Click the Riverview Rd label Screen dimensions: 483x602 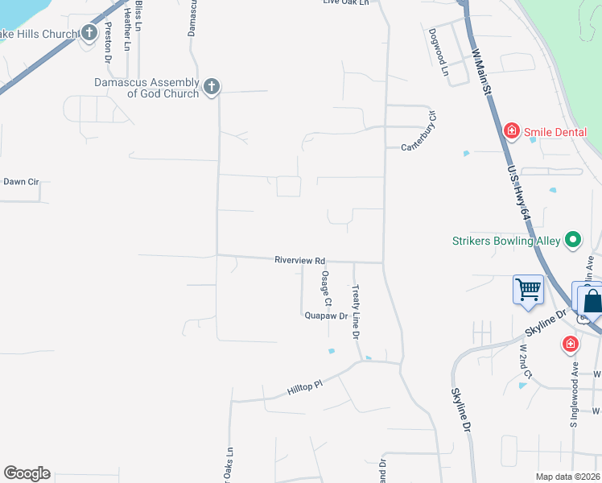coord(299,261)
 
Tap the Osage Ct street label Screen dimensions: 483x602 coord(326,288)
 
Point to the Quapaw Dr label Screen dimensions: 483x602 coord(326,316)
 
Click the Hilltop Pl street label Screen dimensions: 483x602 coord(304,387)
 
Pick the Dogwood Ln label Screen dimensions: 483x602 coord(438,52)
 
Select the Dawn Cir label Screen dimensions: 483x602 coord(21,182)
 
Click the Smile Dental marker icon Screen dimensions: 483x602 coord(510,130)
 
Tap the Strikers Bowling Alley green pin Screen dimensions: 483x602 coord(573,239)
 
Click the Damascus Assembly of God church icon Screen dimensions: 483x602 coord(212,86)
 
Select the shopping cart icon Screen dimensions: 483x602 coord(528,289)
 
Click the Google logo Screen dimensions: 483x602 coord(27,473)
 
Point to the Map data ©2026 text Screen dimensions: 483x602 coord(567,477)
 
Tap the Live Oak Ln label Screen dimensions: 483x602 coord(345,3)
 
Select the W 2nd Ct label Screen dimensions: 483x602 coord(526,363)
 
